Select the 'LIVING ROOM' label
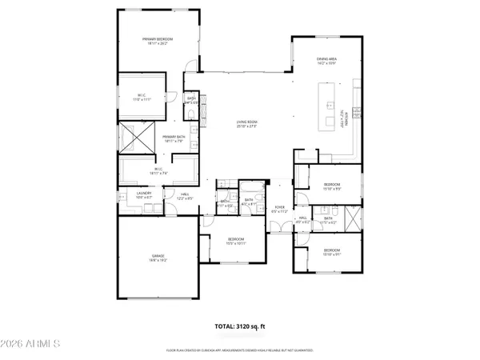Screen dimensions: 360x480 248,124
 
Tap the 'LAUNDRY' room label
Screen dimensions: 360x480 144,194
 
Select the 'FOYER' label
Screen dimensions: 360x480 280,208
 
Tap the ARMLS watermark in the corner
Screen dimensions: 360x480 32,345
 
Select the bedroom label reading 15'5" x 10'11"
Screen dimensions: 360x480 235,241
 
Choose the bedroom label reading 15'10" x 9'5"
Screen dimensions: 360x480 332,186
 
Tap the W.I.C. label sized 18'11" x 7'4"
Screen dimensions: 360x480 158,170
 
